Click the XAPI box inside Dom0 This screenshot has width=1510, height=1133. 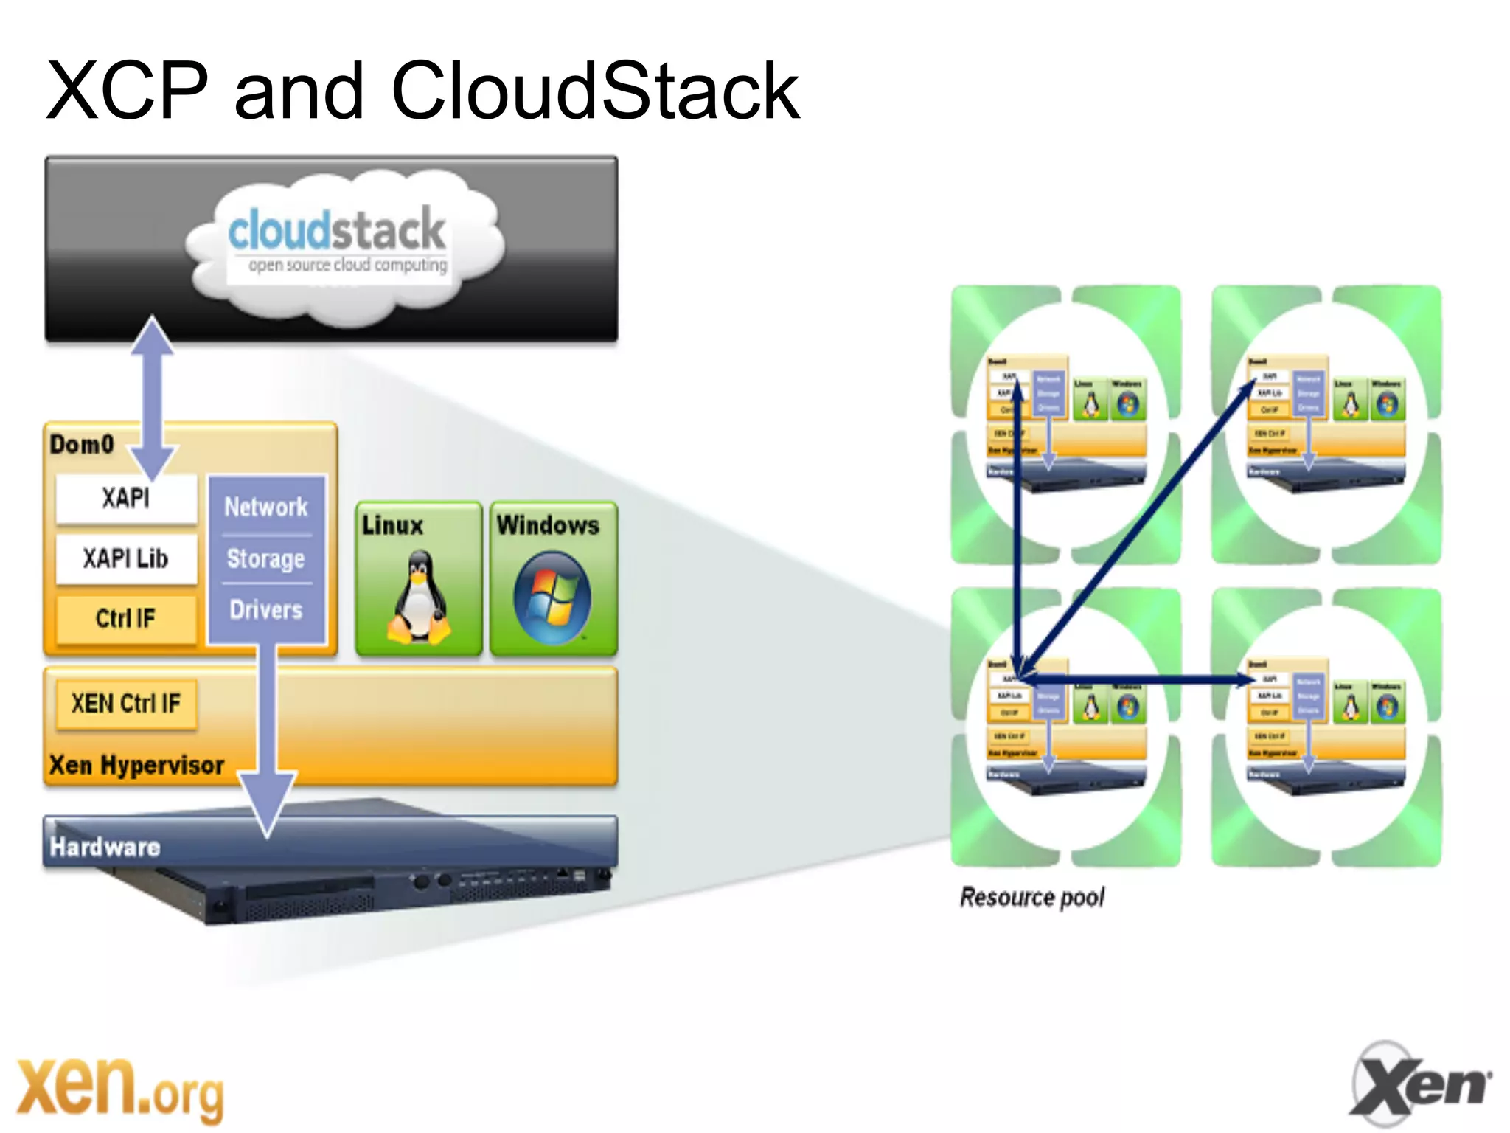(x=126, y=499)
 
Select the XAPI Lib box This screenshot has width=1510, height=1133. (x=126, y=558)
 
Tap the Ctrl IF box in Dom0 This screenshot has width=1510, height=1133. (x=126, y=618)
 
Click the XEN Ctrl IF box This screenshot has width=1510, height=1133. (x=126, y=704)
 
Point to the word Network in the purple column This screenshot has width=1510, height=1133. (x=266, y=507)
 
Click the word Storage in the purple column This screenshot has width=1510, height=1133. (x=266, y=559)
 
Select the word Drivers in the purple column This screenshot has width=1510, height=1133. (x=266, y=610)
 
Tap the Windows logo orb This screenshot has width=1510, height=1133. (x=552, y=597)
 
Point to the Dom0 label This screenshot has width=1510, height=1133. (x=82, y=444)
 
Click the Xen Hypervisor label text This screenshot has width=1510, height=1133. (x=136, y=766)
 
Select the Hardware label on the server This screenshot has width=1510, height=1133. (x=105, y=847)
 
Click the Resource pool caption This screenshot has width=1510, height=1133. (x=1031, y=897)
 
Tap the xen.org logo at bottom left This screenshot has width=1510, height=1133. (x=118, y=1088)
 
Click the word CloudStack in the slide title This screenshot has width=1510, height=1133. (x=596, y=91)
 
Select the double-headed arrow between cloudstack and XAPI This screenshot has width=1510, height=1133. (x=153, y=398)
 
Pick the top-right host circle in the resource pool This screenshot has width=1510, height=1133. (x=1326, y=424)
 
